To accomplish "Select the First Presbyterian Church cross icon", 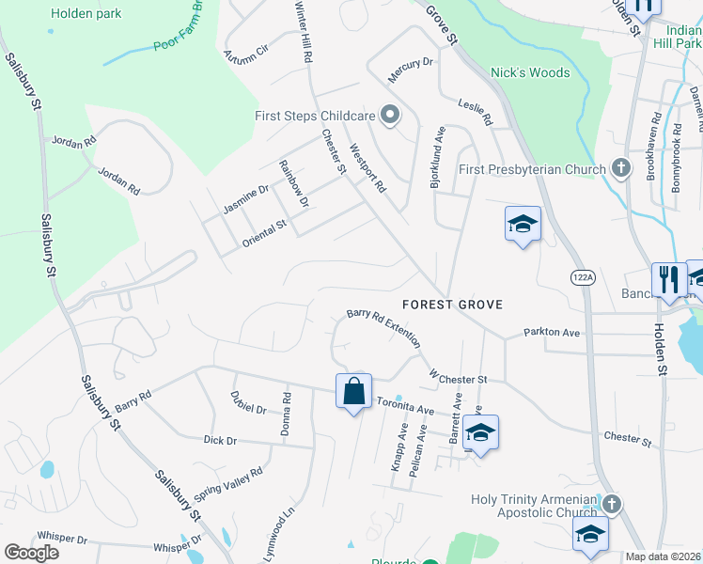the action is coord(619,169).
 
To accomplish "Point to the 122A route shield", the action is coord(581,276).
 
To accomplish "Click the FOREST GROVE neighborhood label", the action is coord(452,305).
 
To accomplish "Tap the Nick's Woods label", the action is coord(530,72).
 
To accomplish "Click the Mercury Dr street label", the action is coord(411,63).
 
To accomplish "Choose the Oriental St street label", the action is coord(264,227).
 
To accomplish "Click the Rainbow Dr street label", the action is coord(294,182).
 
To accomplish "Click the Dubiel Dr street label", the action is coord(248,402).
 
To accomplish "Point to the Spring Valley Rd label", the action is coord(227,483).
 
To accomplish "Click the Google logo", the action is coord(31,553).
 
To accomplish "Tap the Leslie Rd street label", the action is coord(475,113).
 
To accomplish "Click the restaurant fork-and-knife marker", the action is coord(669,278).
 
